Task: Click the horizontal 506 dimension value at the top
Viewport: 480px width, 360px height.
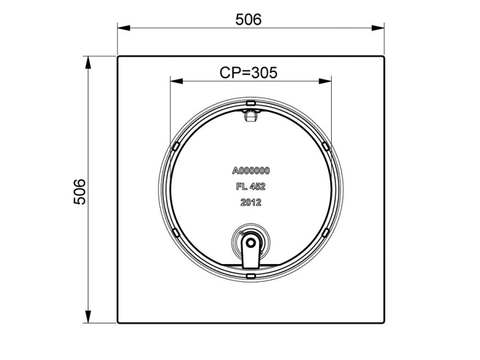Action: coord(249,19)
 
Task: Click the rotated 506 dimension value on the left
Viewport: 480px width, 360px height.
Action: coord(79,191)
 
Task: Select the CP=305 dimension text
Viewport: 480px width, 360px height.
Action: coord(249,73)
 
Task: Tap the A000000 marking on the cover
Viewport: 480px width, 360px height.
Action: coord(251,171)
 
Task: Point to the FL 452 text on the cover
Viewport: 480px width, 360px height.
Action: coord(251,187)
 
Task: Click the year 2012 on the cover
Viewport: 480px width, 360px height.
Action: coord(251,202)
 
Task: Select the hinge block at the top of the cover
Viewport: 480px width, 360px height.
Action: coord(250,115)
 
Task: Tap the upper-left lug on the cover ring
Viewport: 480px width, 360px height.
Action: coord(174,146)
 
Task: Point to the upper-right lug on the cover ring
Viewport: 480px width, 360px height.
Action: coord(326,146)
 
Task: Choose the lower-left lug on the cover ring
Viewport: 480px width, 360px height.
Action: coord(174,231)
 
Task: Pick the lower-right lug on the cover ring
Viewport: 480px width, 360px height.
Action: coord(326,231)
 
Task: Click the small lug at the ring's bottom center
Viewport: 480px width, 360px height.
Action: coord(250,275)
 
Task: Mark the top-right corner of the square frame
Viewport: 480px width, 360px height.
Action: coord(383,57)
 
